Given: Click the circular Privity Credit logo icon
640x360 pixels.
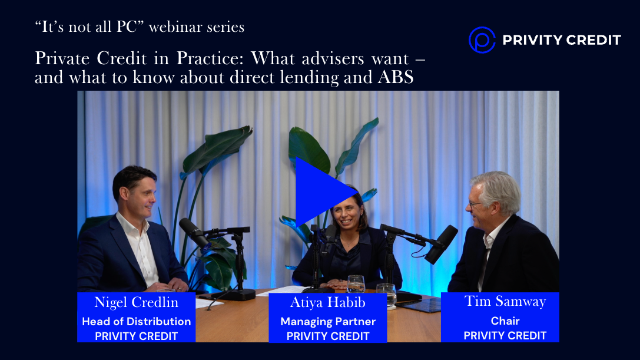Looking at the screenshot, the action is (x=482, y=39).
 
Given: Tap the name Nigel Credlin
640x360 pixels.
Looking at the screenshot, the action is (x=137, y=302).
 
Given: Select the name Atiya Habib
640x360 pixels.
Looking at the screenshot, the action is (x=328, y=302).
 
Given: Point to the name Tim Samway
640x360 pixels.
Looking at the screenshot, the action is (x=505, y=302).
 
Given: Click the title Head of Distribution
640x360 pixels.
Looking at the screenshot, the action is (x=137, y=322).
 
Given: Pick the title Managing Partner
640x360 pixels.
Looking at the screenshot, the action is (x=328, y=322).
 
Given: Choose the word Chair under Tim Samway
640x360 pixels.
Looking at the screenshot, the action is (x=505, y=321).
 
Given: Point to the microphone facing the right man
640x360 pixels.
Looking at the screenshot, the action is (x=441, y=245).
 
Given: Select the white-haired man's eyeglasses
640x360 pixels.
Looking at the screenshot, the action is (x=475, y=204).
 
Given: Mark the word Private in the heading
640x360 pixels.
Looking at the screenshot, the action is (x=62, y=58).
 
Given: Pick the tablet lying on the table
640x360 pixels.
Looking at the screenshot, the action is (x=419, y=305).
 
